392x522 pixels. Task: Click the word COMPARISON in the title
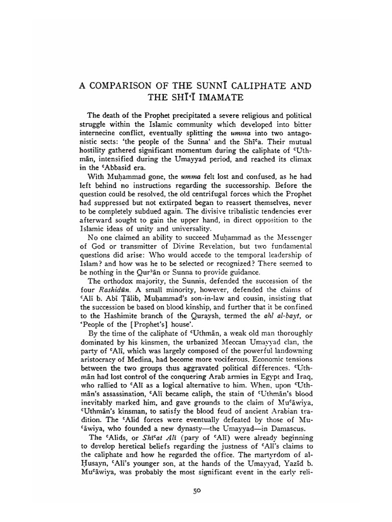(120, 85)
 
